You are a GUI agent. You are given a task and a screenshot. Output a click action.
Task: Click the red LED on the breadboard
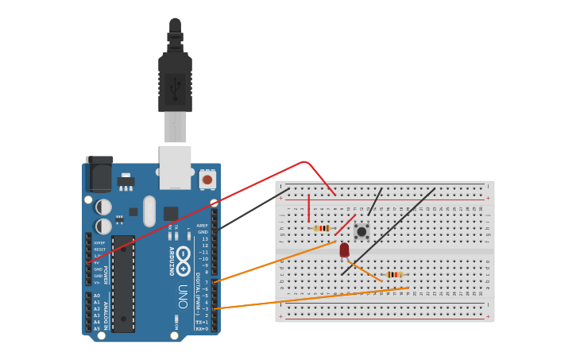[344, 250]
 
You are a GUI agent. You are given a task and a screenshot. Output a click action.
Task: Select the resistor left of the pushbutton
[322, 228]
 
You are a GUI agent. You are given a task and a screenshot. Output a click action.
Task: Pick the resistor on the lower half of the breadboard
[394, 274]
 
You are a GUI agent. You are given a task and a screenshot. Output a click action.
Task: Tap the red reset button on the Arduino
[207, 180]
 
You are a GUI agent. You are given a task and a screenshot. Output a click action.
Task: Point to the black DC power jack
[99, 175]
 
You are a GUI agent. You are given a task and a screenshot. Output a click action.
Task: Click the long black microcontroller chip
[123, 283]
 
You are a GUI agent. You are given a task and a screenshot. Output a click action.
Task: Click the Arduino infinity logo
[184, 261]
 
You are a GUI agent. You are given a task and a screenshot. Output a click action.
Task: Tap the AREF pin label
[202, 225]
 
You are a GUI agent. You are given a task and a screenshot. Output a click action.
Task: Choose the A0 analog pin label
[97, 296]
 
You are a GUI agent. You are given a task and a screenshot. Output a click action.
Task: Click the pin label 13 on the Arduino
[204, 238]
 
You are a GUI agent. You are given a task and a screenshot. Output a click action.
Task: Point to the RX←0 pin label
[202, 328]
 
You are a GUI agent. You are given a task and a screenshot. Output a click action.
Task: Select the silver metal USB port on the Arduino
[175, 167]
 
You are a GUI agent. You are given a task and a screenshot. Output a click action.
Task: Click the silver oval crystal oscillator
[149, 211]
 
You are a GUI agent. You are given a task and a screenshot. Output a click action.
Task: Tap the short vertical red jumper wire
[309, 208]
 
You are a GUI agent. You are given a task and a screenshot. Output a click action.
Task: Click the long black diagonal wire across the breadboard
[389, 231]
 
